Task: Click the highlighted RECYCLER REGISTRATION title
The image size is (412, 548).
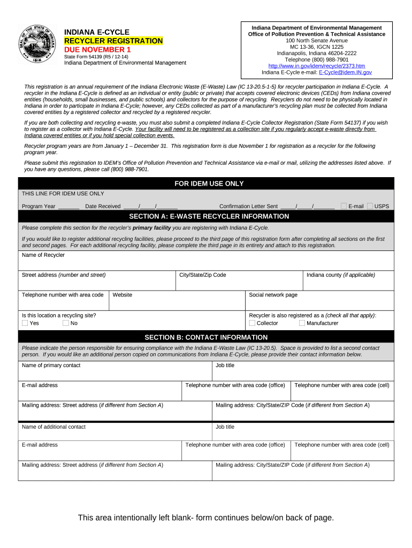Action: (x=113, y=41)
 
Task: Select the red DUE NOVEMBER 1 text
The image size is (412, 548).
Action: (x=97, y=50)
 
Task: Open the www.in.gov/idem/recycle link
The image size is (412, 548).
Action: (x=316, y=66)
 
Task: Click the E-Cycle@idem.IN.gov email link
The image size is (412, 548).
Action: (x=345, y=72)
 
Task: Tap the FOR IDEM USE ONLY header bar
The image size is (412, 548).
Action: (x=209, y=184)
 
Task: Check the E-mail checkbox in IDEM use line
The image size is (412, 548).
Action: (x=344, y=206)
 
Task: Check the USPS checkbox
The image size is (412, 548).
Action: (x=370, y=206)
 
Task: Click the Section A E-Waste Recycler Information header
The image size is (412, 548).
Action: (x=209, y=216)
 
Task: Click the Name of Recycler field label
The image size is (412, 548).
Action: (x=43, y=255)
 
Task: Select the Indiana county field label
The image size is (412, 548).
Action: (x=340, y=275)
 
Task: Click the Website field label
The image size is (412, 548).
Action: (x=123, y=295)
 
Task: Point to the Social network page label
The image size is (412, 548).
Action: (x=273, y=295)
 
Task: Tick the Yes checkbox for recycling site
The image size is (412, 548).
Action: (x=25, y=323)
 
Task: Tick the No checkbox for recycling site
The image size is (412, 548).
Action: (x=66, y=323)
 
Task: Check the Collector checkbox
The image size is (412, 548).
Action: (x=252, y=323)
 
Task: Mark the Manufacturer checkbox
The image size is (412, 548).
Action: (x=302, y=323)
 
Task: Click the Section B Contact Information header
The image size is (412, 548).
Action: (x=206, y=337)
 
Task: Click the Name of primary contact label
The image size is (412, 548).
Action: (x=51, y=366)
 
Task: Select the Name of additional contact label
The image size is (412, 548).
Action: (x=54, y=427)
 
